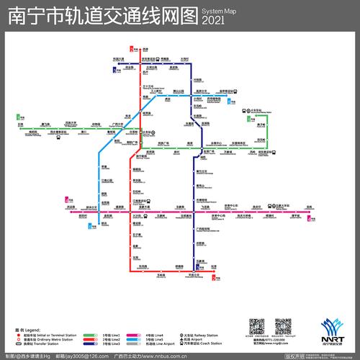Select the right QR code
pyautogui.click(x=284, y=327)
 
